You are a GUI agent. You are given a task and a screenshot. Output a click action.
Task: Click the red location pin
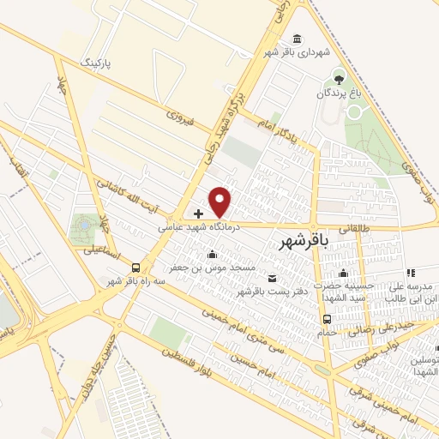click(221, 201)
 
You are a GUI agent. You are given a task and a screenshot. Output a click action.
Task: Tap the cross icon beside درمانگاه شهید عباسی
click(199, 213)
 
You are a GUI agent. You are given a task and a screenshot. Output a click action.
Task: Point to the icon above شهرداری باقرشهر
click(297, 39)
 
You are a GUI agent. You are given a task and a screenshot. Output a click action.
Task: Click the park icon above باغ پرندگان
click(338, 75)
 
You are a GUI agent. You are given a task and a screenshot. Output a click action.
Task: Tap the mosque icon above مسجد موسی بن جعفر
click(213, 253)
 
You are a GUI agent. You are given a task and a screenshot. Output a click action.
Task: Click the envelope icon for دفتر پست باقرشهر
click(273, 277)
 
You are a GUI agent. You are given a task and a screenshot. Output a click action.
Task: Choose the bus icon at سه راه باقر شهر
click(135, 268)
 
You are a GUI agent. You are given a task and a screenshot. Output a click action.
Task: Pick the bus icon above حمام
click(327, 319)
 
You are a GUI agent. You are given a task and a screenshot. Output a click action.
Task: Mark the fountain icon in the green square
click(85, 226)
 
